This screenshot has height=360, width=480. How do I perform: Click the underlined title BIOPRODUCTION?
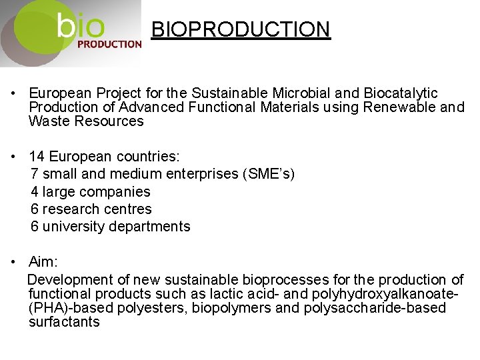[241, 30]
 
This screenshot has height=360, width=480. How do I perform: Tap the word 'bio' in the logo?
[81, 27]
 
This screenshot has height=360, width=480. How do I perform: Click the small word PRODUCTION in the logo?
[109, 45]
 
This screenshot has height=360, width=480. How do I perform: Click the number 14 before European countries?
[37, 157]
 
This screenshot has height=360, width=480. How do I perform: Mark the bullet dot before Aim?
[13, 261]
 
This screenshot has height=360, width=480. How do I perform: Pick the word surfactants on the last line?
[64, 321]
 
